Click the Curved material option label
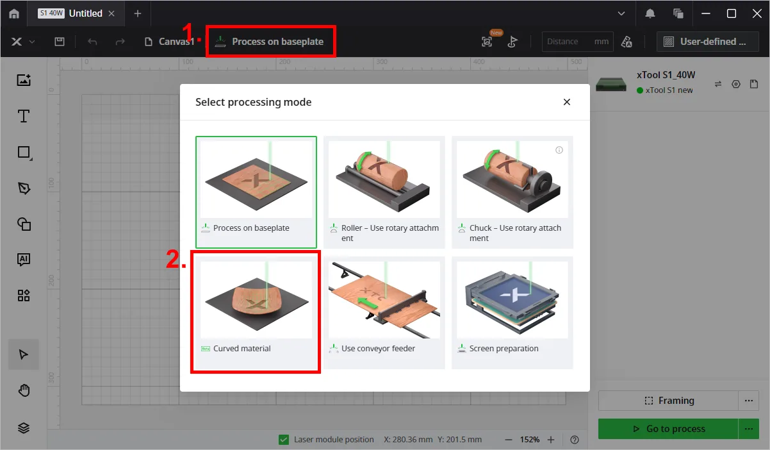pos(242,349)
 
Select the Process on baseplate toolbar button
pos(270,42)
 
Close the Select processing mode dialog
pos(567,102)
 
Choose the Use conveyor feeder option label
pos(378,349)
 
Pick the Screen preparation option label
pos(504,349)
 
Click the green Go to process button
pos(668,429)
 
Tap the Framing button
pos(668,401)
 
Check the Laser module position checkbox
pos(284,439)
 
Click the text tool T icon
pos(24,116)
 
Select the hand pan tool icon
pos(24,391)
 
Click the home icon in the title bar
pos(14,13)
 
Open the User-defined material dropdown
pos(707,42)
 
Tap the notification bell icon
pos(650,13)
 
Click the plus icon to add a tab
pos(138,13)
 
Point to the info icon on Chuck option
pos(559,150)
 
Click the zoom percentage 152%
pos(529,440)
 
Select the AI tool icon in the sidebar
pos(24,260)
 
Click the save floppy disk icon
pos(60,42)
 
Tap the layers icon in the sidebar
pos(24,428)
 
